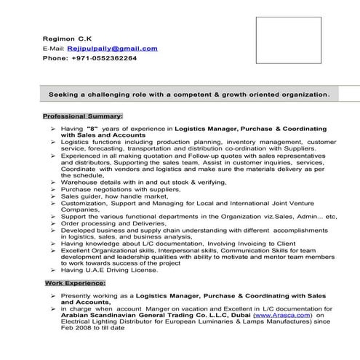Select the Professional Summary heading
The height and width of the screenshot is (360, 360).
83,116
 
